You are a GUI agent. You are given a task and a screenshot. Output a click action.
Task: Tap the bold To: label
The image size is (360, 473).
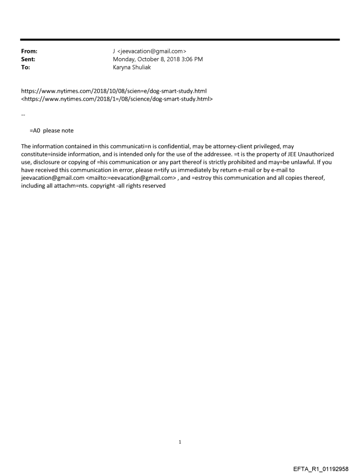[26, 67]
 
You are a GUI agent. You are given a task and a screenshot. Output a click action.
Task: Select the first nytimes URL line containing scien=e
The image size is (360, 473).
[114, 91]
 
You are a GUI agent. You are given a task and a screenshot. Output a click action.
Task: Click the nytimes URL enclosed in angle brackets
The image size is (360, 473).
[117, 99]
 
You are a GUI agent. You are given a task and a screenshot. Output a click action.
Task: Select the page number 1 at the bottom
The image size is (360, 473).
[180, 442]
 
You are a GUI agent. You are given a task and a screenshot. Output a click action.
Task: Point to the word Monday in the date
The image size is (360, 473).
[124, 60]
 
